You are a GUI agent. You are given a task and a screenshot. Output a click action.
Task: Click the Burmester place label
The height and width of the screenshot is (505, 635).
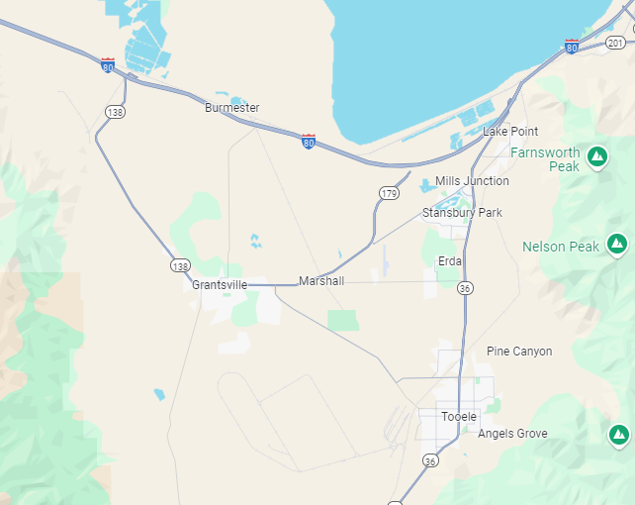click(231, 107)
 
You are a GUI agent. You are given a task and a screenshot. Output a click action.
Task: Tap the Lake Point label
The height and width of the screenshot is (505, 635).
click(509, 132)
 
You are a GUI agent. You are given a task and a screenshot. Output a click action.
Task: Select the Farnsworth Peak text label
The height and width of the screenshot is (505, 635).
click(551, 159)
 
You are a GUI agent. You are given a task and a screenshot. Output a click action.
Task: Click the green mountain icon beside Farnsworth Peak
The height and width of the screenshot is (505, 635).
click(597, 155)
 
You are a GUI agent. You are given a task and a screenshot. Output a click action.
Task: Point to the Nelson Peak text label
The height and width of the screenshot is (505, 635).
click(560, 247)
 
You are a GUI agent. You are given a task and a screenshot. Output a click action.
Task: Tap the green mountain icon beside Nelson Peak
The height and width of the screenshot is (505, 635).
click(617, 242)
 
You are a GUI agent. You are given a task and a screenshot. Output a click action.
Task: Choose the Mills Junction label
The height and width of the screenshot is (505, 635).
click(472, 181)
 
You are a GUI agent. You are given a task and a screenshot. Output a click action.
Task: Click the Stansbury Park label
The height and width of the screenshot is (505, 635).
click(462, 213)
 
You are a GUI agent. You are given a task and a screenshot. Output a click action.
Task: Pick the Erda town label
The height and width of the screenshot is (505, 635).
click(450, 261)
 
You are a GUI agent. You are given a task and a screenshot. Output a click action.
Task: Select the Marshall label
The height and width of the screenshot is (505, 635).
click(321, 281)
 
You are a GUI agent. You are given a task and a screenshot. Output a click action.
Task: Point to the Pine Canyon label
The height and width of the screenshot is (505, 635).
click(519, 352)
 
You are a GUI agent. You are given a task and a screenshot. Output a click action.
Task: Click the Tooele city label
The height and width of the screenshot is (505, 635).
click(459, 417)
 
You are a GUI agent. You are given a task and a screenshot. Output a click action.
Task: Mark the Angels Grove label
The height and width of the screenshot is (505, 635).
click(512, 434)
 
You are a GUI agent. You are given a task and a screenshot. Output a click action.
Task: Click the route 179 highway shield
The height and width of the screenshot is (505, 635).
click(389, 193)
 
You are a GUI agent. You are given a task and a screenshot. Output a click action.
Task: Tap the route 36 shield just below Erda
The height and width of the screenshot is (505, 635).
click(465, 287)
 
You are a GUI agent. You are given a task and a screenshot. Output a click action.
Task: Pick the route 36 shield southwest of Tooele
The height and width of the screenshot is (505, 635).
click(429, 460)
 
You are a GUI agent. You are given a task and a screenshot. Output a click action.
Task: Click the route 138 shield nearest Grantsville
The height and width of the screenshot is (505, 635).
click(179, 266)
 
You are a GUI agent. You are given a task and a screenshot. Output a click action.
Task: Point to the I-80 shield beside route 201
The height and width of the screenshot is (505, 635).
click(572, 46)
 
